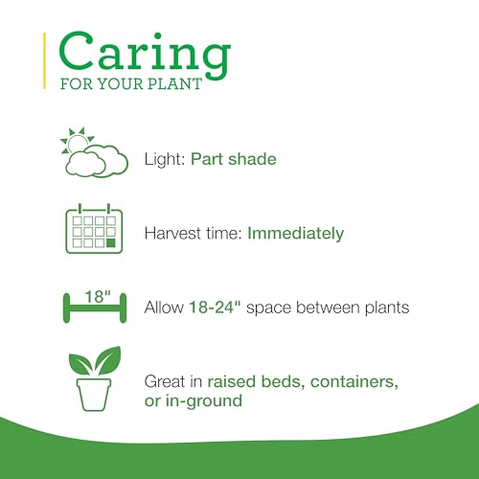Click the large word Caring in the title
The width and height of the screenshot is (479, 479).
coord(145,55)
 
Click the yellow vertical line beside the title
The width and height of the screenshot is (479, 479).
coord(44,60)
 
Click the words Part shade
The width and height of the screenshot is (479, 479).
coord(234,159)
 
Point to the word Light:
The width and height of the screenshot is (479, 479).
coord(165,159)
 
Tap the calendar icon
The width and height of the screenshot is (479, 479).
coord(94,229)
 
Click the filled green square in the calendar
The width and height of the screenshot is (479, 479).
coord(111,242)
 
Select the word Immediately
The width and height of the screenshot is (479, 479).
coord(296,233)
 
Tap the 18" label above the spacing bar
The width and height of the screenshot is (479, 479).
coord(98,297)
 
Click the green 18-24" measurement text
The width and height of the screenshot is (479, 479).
coord(215,308)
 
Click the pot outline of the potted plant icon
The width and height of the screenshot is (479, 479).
coord(94,395)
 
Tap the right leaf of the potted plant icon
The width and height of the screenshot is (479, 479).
coord(108,360)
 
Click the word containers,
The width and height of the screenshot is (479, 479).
coord(354,381)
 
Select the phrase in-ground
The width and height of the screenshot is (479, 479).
coord(204,401)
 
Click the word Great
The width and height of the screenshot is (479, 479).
coord(165,381)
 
